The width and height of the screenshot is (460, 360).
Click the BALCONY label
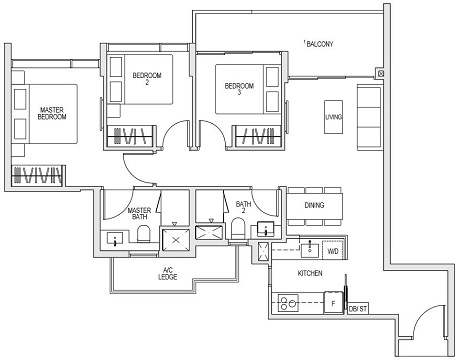pyautogui.click(x=320, y=44)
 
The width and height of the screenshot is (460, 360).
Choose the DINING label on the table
pyautogui.click(x=314, y=205)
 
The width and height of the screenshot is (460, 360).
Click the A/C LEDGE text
pyautogui.click(x=169, y=274)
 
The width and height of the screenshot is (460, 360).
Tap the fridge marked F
pyautogui.click(x=332, y=299)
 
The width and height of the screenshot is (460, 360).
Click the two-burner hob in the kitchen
pyautogui.click(x=290, y=299)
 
